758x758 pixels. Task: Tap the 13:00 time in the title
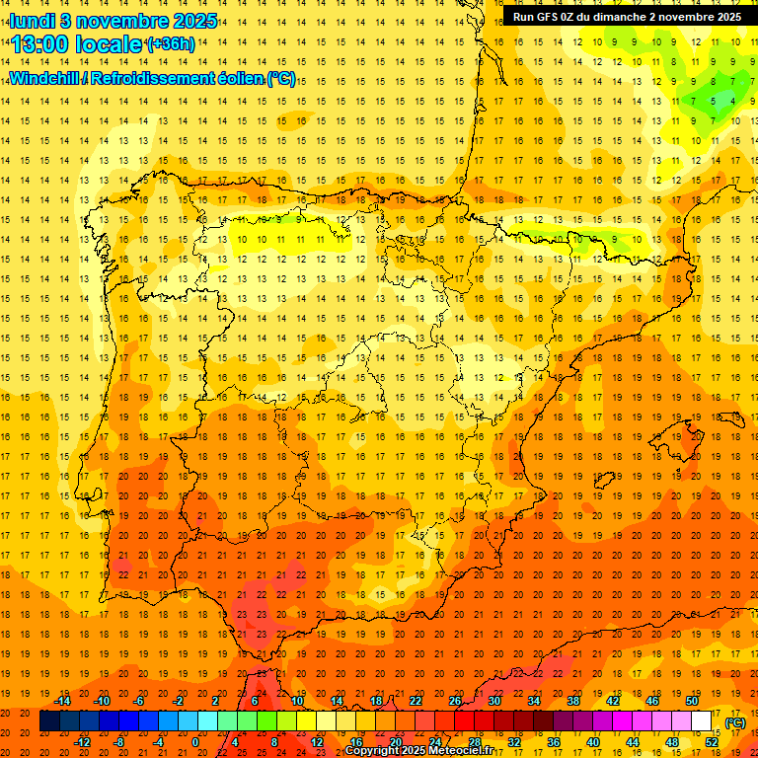click(x=43, y=44)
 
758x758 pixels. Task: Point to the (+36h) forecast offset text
click(x=170, y=44)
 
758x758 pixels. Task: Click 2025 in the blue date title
click(x=194, y=20)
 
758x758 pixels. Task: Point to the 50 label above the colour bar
click(x=692, y=701)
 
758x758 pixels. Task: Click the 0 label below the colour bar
click(x=195, y=742)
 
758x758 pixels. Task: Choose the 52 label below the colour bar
click(x=712, y=742)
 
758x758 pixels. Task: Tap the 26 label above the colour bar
click(x=455, y=701)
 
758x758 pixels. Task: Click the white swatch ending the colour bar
click(x=702, y=721)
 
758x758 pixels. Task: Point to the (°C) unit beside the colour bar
click(x=734, y=722)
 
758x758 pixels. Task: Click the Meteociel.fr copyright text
click(x=415, y=751)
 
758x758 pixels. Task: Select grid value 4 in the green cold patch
click(x=732, y=100)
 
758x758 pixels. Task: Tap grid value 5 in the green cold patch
click(x=713, y=100)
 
